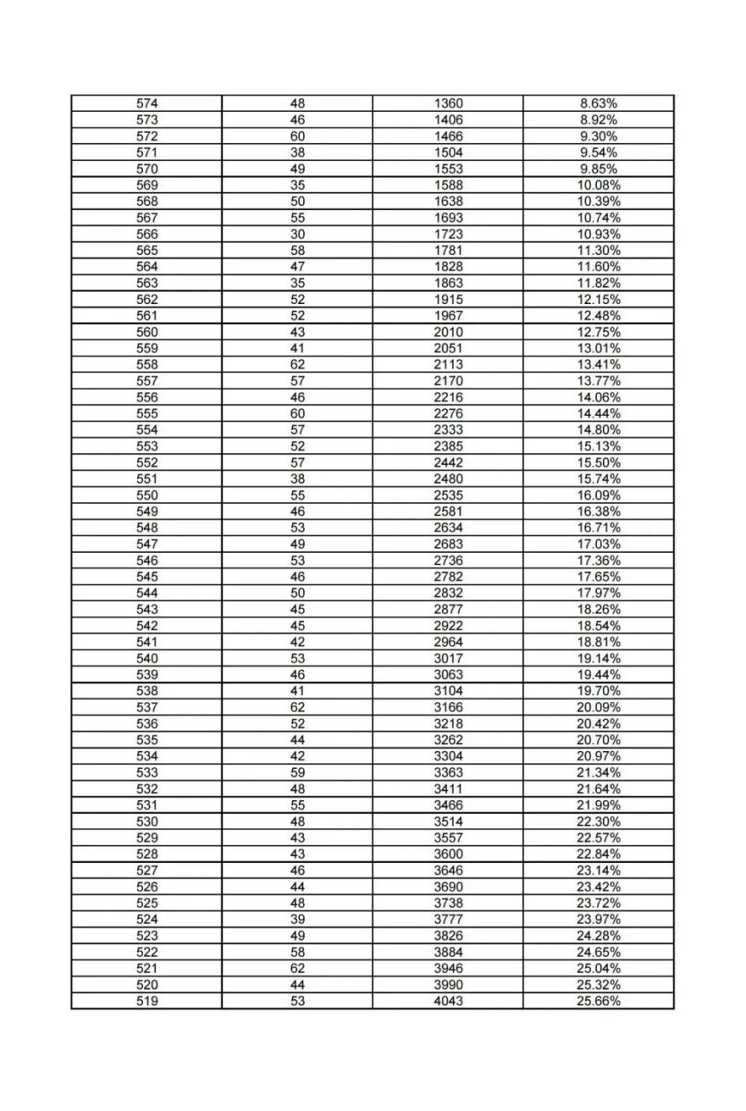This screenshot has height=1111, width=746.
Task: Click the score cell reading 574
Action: click(x=147, y=103)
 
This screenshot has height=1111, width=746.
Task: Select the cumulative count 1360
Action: click(x=448, y=103)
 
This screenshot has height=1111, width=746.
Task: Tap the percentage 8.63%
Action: click(x=598, y=103)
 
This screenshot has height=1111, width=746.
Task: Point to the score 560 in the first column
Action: click(x=147, y=332)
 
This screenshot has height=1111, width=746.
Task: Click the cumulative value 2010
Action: click(x=448, y=332)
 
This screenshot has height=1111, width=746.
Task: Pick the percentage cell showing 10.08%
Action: click(x=598, y=185)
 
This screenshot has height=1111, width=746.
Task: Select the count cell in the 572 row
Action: click(x=298, y=136)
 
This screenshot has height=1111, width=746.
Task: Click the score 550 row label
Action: click(x=147, y=495)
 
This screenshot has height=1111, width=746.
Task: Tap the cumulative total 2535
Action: click(x=448, y=495)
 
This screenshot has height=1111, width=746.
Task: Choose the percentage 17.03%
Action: click(x=598, y=544)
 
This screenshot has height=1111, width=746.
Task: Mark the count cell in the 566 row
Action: click(x=298, y=234)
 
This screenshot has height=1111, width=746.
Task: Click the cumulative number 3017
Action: click(x=448, y=659)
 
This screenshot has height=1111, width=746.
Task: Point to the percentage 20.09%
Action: click(x=598, y=707)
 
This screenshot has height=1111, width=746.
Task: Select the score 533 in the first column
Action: click(x=147, y=773)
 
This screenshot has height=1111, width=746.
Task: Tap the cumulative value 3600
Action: click(x=448, y=854)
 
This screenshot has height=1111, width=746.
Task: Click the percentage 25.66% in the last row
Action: click(x=598, y=1001)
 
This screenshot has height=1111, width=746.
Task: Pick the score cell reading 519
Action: click(x=147, y=1001)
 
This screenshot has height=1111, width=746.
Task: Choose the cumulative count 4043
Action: click(x=448, y=1001)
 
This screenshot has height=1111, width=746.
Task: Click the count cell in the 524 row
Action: click(x=298, y=920)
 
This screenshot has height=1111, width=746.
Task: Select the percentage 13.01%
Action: click(x=598, y=348)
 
